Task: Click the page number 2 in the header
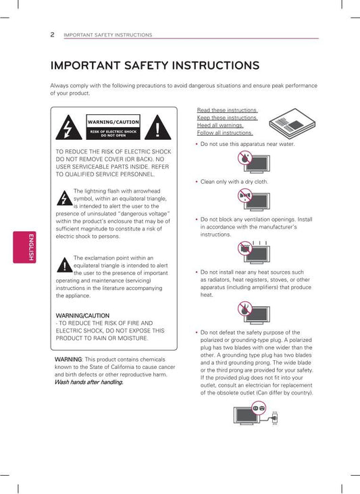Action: tap(52, 34)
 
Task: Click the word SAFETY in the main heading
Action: tap(146, 66)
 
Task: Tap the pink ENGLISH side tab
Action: tap(24, 247)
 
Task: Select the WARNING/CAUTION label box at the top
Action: tap(113, 127)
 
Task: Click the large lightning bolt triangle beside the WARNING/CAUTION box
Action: tap(69, 127)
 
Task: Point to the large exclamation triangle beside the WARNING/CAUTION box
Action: tap(158, 127)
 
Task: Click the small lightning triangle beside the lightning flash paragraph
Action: tap(65, 198)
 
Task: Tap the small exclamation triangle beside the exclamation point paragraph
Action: tap(65, 265)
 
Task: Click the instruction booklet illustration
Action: tap(292, 124)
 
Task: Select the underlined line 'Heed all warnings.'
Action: tap(220, 125)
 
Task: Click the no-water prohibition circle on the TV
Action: tap(245, 157)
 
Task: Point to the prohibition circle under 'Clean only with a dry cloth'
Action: tap(245, 196)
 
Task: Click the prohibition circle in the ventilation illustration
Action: tap(245, 248)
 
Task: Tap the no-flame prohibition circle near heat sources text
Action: tap(245, 308)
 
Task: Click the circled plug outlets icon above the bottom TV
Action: tap(259, 408)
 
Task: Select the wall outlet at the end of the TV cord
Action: tap(274, 418)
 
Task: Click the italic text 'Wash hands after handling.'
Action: tap(89, 382)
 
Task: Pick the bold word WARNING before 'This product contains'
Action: tap(68, 359)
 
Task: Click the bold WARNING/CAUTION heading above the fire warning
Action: tap(82, 316)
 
